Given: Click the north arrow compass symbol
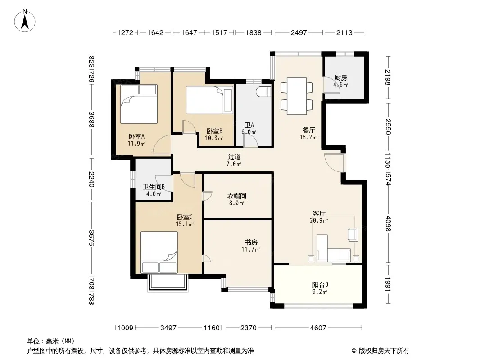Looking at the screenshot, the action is [25, 21].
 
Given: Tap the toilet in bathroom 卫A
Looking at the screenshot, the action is [264, 92].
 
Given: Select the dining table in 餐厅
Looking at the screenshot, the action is [297, 96].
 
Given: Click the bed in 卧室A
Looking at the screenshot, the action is [139, 104].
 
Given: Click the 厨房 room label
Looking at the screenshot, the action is [341, 78].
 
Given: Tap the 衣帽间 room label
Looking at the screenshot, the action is [237, 196].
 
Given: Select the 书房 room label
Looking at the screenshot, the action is [251, 243].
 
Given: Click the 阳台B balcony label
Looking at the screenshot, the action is [320, 284].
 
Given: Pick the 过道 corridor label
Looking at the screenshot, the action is [234, 157].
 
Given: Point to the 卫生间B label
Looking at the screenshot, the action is [154, 187].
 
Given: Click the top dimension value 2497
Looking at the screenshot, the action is [299, 32].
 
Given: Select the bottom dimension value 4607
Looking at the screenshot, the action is [318, 328].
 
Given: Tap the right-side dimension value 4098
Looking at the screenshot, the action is [388, 224].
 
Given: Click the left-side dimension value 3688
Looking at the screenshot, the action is [91, 120].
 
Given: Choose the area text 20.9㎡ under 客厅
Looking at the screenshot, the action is [319, 220].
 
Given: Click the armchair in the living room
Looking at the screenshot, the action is [353, 234].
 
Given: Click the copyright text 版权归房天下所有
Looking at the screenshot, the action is [384, 351].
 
